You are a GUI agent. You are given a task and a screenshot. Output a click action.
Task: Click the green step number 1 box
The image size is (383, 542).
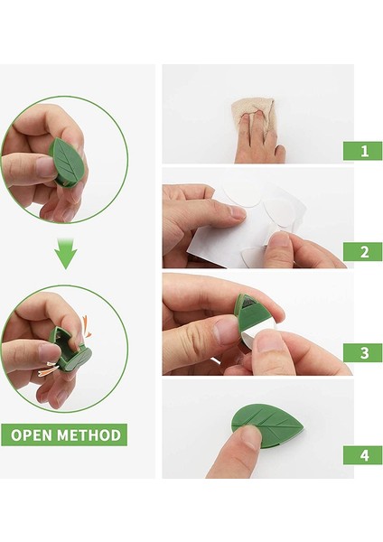click(362, 151)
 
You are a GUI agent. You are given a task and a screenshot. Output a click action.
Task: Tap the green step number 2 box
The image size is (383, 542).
click(362, 252)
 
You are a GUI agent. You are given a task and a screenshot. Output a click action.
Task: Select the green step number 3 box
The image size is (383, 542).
click(362, 353)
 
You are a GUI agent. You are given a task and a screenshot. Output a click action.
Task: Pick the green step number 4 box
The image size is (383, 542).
click(362, 455)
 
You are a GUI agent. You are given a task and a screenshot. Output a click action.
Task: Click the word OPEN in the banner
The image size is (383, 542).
click(32, 435)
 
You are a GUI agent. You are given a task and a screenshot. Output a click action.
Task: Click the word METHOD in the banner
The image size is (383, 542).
click(89, 435)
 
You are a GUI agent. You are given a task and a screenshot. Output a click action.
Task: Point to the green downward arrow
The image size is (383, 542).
click(66, 253)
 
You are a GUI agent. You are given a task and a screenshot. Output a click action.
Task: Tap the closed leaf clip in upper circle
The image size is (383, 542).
click(67, 162)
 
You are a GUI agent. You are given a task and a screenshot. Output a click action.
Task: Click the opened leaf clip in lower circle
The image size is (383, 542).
click(70, 349)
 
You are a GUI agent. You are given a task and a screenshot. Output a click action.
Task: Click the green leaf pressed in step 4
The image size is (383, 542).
click(267, 425)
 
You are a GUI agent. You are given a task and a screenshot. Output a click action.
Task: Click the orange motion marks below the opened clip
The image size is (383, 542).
click(50, 369)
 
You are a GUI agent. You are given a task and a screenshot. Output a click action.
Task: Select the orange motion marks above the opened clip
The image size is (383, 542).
click(86, 327)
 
